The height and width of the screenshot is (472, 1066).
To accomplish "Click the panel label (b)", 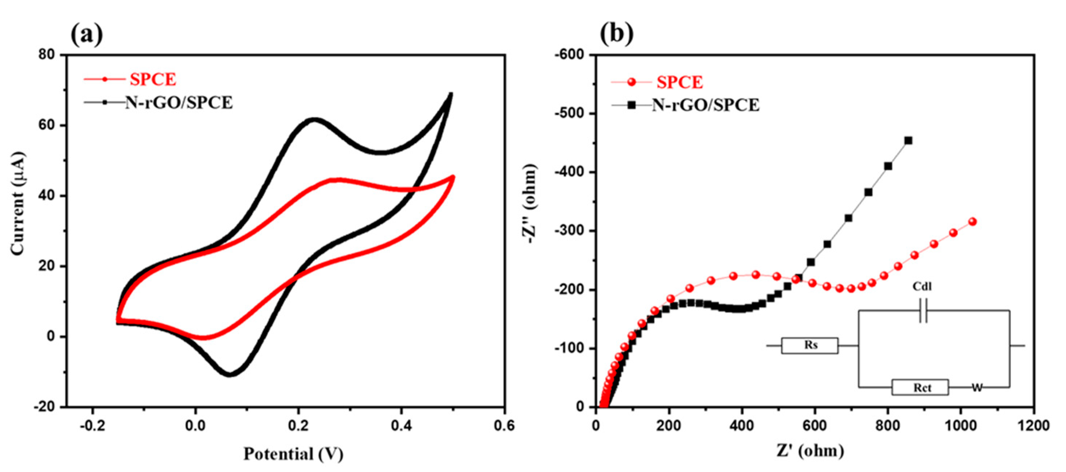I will tap(617, 34).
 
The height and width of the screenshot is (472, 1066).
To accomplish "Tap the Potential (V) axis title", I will tap(293, 454).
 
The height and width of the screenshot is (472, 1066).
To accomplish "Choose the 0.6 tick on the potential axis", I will tap(504, 425).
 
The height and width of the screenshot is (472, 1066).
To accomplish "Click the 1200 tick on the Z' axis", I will tap(1034, 425).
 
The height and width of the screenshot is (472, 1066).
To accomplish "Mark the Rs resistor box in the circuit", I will tap(810, 345).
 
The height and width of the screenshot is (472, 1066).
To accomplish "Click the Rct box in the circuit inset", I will tap(919, 387).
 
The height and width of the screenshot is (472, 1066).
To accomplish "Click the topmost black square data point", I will tap(908, 141).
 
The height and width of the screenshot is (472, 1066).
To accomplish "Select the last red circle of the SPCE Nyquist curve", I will tap(972, 222).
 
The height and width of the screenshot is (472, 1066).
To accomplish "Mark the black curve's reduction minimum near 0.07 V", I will tap(230, 374).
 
